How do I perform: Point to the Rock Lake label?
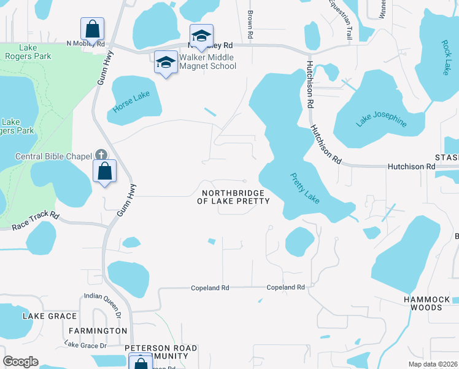pyautogui.click(x=445, y=58)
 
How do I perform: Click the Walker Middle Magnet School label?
pyautogui.click(x=207, y=61)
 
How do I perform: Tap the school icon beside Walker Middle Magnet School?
pyautogui.click(x=164, y=61)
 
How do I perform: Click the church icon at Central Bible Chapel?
pyautogui.click(x=101, y=156)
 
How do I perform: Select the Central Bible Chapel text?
pyautogui.click(x=53, y=156)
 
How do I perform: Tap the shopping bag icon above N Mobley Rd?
pyautogui.click(x=92, y=28)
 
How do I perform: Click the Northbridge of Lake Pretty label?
pyautogui.click(x=233, y=197)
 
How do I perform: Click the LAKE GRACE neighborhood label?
pyautogui.click(x=50, y=316)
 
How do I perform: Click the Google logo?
pyautogui.click(x=20, y=362)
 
